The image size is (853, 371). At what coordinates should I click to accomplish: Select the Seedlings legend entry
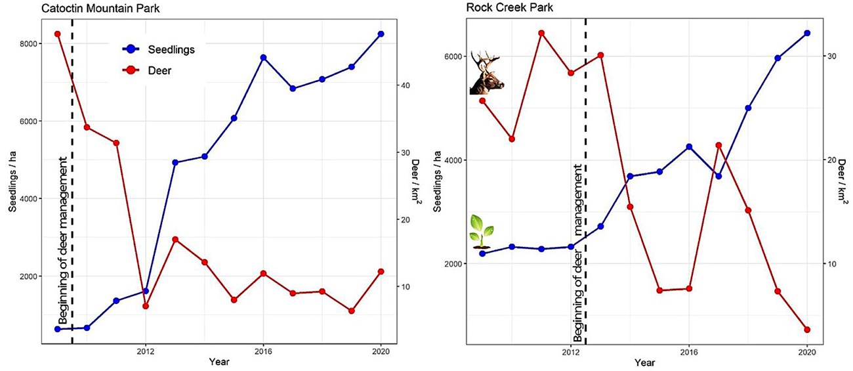click(x=161, y=49)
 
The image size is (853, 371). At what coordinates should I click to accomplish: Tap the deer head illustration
click(x=486, y=74)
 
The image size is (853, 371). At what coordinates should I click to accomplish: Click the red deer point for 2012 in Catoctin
click(x=146, y=306)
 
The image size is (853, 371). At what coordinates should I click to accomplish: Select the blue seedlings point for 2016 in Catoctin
click(x=263, y=58)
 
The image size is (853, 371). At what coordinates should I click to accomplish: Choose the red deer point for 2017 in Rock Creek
click(x=718, y=145)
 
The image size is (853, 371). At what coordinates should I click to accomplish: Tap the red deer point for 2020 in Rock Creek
click(x=806, y=330)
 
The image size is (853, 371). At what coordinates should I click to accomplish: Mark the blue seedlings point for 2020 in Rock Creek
click(x=806, y=33)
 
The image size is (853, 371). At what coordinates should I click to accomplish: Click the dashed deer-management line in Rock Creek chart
click(x=585, y=131)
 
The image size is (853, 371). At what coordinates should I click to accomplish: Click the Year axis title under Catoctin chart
click(x=219, y=362)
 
